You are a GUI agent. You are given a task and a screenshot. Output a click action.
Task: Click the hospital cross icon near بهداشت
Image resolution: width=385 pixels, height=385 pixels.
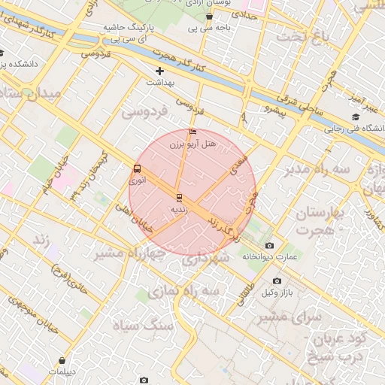click(x=159, y=71)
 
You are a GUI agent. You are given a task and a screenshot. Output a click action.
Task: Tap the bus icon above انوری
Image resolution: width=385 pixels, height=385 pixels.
click(x=137, y=169)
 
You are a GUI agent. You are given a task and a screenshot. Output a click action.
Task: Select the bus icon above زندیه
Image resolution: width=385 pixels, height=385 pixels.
click(x=179, y=198)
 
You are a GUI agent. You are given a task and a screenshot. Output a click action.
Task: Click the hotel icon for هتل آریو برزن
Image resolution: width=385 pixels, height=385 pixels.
click(x=193, y=132)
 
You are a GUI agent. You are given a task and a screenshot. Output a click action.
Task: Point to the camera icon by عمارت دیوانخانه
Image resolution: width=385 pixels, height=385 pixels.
click(x=270, y=246)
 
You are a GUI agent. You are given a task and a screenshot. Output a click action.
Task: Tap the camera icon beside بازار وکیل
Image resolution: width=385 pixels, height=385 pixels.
click(x=277, y=281)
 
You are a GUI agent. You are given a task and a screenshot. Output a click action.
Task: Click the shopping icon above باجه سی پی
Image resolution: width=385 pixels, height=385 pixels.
click(x=209, y=17)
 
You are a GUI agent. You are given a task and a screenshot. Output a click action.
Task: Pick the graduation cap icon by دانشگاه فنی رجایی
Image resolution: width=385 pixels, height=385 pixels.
click(x=355, y=117)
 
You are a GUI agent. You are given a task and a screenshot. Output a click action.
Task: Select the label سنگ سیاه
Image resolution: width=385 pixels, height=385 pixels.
click(x=143, y=325)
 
